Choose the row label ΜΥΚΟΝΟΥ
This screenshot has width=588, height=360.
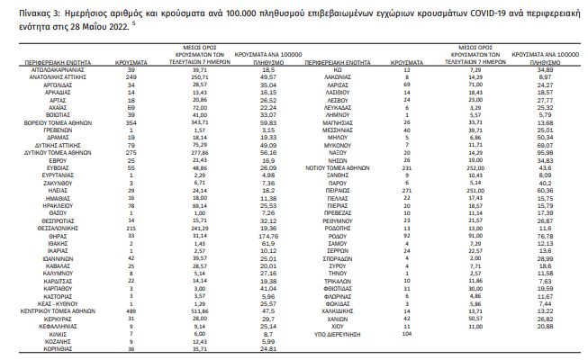coord(328,143)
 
